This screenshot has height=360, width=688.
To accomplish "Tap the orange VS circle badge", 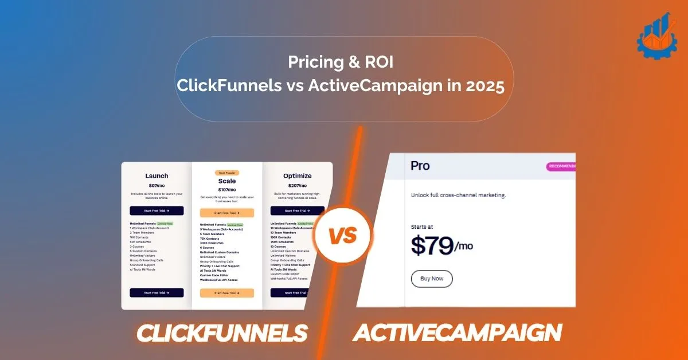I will [343, 235].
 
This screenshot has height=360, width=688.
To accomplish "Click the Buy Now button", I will [431, 279].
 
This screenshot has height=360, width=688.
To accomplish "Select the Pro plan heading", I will [420, 166].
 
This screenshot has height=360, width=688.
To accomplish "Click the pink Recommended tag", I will [561, 167].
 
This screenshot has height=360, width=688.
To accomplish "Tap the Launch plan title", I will [157, 176].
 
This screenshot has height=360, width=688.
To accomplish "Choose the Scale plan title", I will [226, 181].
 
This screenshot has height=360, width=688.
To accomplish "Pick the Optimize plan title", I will [297, 176].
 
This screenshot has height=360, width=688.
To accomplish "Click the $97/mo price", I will [157, 185].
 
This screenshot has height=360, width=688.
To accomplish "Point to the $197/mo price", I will [226, 189].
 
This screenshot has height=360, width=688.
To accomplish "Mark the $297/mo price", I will [297, 185].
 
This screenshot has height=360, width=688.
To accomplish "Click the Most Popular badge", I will [226, 173].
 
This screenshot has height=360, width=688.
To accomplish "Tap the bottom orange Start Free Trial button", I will [226, 293].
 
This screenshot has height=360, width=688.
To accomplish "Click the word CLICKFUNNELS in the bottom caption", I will [221, 333].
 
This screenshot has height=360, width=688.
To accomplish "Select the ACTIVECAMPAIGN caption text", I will [457, 333].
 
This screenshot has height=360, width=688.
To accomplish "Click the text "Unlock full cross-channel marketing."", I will [459, 195].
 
